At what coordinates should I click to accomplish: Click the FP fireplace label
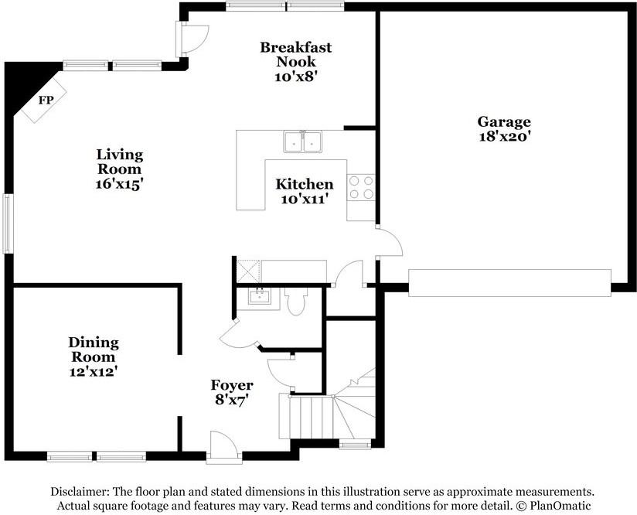coord(46,100)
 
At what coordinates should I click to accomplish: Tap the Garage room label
coord(504,121)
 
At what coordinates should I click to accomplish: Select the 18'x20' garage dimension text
coord(505,136)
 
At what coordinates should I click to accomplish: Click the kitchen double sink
coord(303,142)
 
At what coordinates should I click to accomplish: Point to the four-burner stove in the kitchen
coord(361,187)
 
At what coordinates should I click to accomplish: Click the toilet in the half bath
coord(296,300)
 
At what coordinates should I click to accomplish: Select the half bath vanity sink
coord(258,297)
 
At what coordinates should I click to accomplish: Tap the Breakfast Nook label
coord(296,54)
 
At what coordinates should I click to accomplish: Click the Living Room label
coord(120,162)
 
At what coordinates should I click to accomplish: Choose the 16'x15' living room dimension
coord(120,184)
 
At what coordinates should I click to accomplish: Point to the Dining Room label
coord(94,350)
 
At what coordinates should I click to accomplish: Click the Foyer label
coord(232,385)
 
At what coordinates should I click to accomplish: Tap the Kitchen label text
coord(305,184)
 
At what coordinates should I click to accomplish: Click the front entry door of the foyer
coord(224,448)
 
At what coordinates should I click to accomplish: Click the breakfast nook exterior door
coord(192,39)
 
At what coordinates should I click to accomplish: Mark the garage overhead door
coord(510,283)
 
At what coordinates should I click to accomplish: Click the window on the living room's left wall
coord(7,223)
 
